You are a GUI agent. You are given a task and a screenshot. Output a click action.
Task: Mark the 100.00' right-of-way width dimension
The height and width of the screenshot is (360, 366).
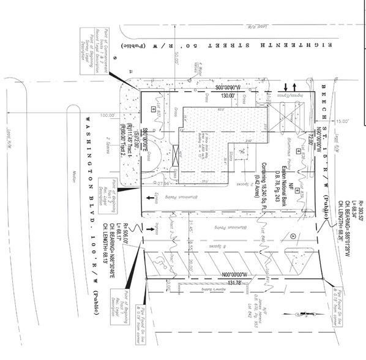point(109,114)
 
